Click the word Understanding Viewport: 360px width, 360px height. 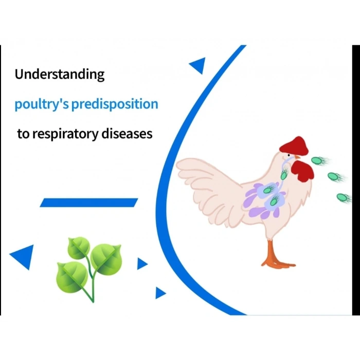tap(59, 75)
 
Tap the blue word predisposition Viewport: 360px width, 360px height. tap(115, 105)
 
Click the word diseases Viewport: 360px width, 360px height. tap(127, 134)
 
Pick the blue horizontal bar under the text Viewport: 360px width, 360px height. tap(89, 203)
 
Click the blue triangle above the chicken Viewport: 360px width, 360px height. tap(198, 65)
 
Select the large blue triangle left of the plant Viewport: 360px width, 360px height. tap(23, 256)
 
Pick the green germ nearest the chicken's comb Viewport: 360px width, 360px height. tap(319, 160)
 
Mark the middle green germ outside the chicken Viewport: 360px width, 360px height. tap(334, 177)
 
